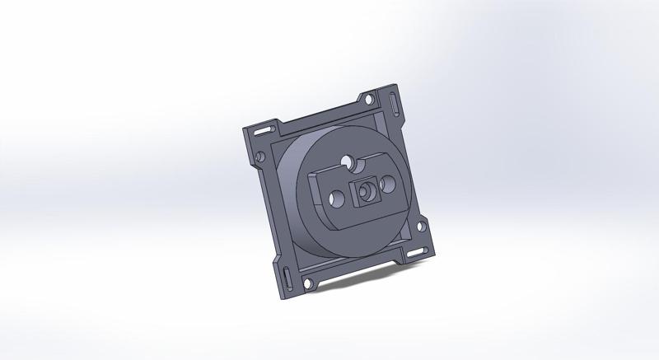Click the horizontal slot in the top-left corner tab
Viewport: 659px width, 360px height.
[264, 131]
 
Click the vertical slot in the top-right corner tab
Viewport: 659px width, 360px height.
[397, 106]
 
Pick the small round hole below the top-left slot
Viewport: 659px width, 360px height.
[261, 154]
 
